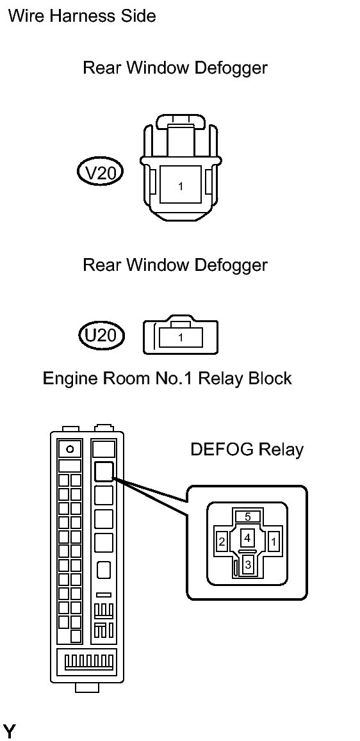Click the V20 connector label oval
coord(100,174)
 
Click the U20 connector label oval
coord(101,336)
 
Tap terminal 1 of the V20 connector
coord(181,186)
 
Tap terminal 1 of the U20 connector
coord(181,338)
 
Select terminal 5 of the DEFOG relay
coord(247,517)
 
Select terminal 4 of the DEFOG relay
coord(247,538)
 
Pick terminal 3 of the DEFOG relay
coord(248,564)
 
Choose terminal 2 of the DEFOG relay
coord(222,542)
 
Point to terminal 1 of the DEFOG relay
coord(274,541)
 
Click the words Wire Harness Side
coord(82,16)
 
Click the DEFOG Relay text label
coord(246,449)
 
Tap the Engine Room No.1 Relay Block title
coord(167,378)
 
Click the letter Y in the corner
coord(8,731)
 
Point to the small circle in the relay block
coord(69,449)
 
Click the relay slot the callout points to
coord(104,471)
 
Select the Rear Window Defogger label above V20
coord(175,68)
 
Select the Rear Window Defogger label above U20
coord(175,265)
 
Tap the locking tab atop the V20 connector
coord(181,120)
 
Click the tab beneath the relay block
coord(87,687)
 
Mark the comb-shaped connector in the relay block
coord(88,661)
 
